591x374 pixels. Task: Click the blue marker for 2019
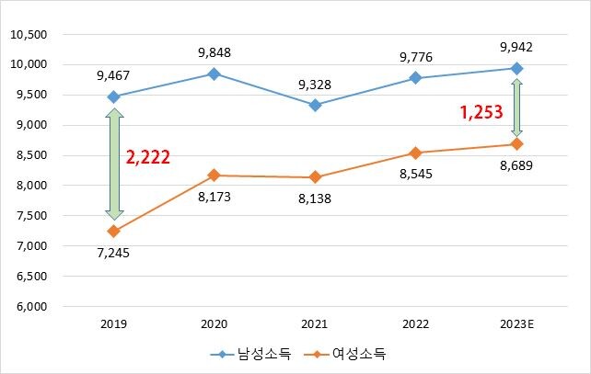[113, 96]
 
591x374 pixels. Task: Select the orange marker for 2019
[113, 231]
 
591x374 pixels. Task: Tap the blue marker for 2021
[315, 105]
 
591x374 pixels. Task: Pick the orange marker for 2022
[416, 153]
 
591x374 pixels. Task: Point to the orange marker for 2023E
[516, 144]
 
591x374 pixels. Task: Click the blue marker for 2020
[214, 74]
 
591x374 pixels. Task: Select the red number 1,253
[481, 112]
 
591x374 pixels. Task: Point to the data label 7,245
[114, 253]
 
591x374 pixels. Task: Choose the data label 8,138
[316, 197]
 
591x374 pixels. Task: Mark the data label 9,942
[516, 47]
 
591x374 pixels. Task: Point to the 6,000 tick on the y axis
[30, 307]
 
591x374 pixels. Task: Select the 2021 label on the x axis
[315, 324]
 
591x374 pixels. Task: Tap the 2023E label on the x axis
[516, 324]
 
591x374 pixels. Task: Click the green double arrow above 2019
[113, 164]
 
